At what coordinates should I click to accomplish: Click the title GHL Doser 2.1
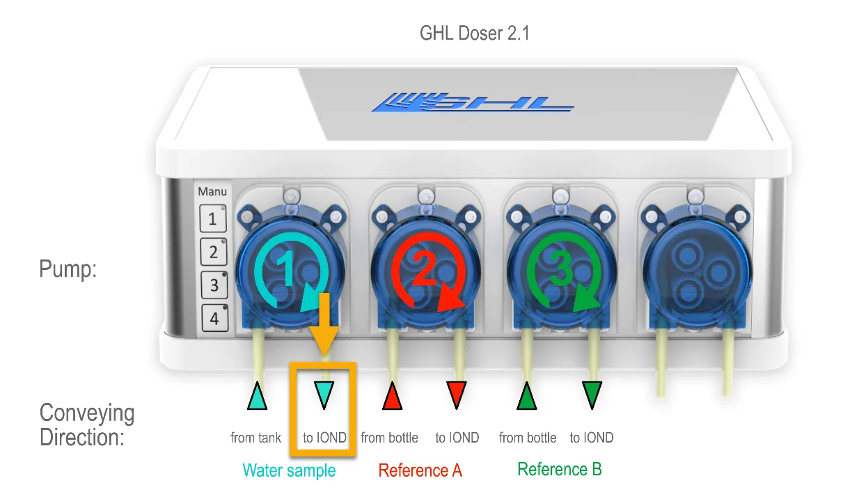tap(474, 33)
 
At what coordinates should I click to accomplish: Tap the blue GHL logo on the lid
tap(473, 102)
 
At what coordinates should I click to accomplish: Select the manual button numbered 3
tap(214, 285)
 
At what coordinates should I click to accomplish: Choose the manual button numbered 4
tap(214, 318)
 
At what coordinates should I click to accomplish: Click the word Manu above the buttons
tap(212, 191)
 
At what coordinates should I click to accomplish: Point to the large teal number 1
tap(287, 269)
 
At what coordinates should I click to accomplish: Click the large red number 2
tap(424, 268)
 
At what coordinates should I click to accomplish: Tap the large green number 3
tap(560, 268)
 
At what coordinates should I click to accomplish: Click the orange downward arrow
tap(324, 324)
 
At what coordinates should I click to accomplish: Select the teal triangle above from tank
tap(257, 396)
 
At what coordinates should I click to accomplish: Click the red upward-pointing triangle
tap(392, 396)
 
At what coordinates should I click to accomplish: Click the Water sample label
tap(289, 470)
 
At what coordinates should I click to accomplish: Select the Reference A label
tap(420, 470)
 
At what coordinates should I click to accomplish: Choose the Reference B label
tap(560, 469)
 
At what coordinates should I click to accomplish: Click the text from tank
tap(255, 438)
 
